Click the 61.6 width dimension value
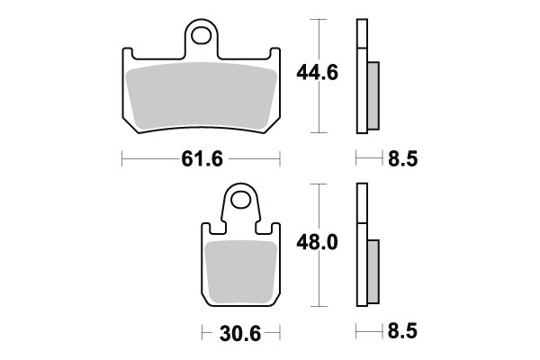[x=201, y=160]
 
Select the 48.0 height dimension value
[x=318, y=243]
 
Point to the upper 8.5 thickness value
[x=402, y=160]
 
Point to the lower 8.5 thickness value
[x=402, y=333]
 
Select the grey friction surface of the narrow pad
[x=240, y=270]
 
